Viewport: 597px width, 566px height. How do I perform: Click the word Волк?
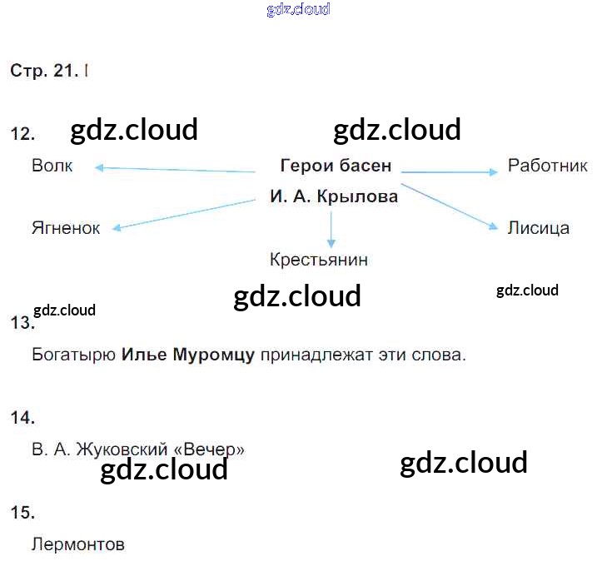point(52,166)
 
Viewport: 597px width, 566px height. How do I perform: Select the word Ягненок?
point(66,228)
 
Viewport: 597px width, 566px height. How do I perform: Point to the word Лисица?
point(539,228)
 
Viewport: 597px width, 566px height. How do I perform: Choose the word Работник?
point(548,166)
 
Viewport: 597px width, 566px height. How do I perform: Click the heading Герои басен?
point(336,166)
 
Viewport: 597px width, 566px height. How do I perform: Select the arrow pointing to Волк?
point(175,169)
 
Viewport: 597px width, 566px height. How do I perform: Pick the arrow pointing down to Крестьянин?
point(331,229)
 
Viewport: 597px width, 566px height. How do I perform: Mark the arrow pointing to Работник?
point(450,172)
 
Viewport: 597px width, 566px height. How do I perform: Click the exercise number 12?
point(22,133)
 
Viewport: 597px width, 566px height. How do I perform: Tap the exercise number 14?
point(22,418)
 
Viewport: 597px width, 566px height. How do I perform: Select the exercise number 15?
point(22,513)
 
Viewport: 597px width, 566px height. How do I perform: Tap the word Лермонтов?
point(78,545)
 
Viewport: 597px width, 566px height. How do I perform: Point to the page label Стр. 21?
point(44,72)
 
